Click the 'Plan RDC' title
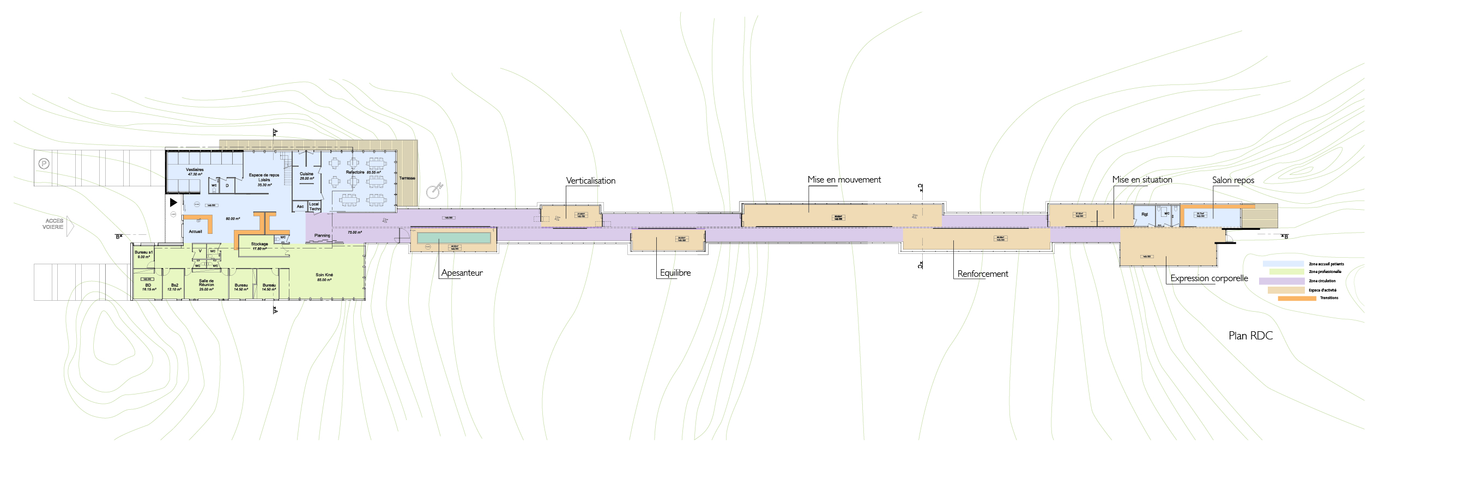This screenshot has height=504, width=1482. (1250, 336)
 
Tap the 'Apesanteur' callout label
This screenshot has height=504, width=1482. (462, 273)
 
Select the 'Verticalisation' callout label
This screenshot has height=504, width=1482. (590, 181)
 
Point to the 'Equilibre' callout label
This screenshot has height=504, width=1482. (675, 273)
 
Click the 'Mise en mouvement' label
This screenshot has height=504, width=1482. (844, 179)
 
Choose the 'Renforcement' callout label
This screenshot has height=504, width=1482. (982, 274)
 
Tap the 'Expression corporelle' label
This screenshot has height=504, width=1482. (1209, 278)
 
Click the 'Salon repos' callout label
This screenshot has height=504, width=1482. (1233, 180)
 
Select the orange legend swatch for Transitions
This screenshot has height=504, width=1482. (1297, 298)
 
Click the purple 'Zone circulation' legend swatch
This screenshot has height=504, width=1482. (1281, 281)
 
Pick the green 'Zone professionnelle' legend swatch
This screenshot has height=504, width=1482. (1286, 271)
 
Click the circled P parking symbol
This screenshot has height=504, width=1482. (44, 164)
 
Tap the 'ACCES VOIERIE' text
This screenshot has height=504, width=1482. (53, 224)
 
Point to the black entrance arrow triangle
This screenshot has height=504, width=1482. (173, 203)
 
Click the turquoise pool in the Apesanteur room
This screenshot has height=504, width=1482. (453, 238)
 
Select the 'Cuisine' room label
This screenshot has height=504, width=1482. (307, 174)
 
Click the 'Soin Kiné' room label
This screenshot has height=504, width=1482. (324, 276)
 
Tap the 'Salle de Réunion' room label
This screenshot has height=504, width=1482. (207, 284)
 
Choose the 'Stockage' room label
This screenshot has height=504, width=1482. (259, 245)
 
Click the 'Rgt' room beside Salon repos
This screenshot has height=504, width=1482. (1144, 215)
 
